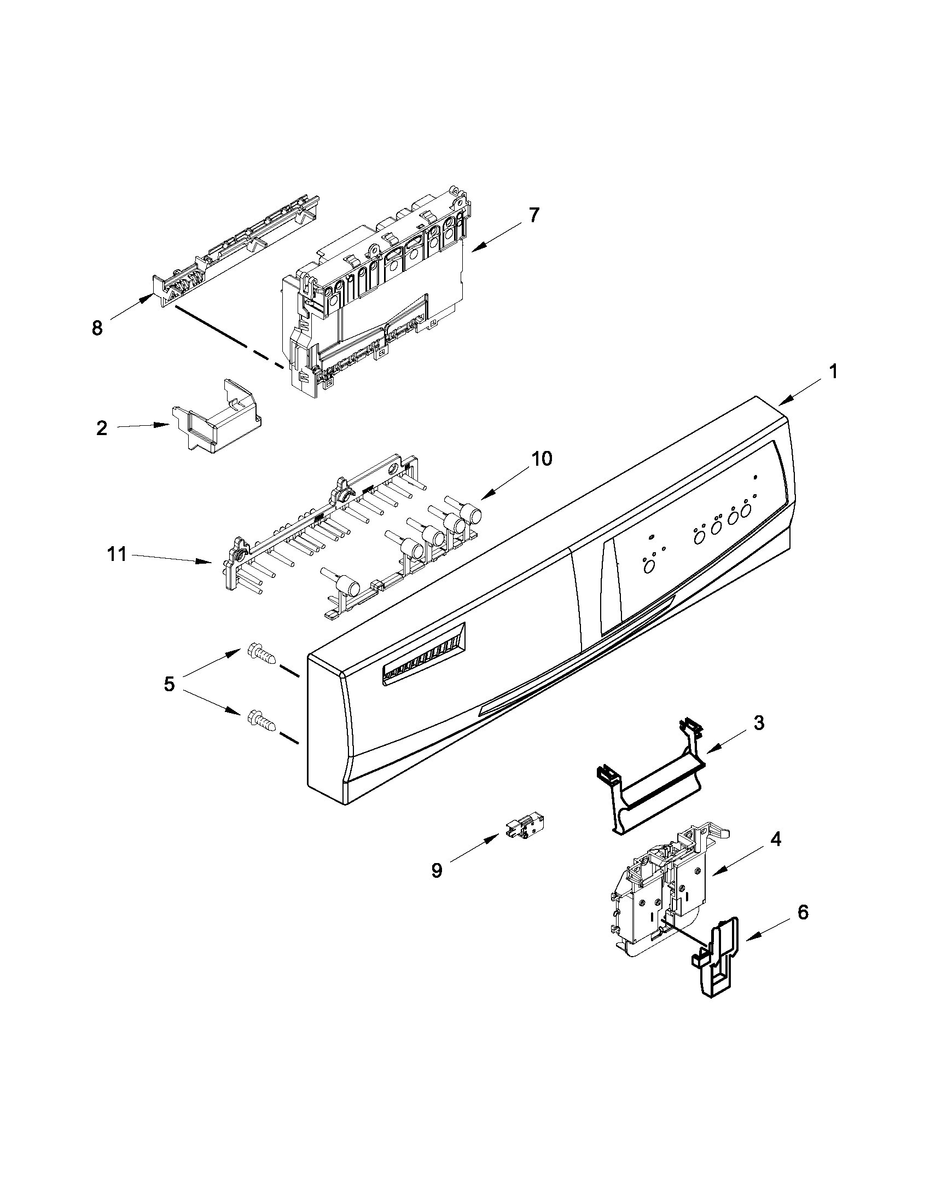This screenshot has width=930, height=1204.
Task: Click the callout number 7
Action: coord(533,215)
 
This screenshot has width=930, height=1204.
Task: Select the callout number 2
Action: coord(102,428)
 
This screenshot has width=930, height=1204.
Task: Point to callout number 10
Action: coord(542,459)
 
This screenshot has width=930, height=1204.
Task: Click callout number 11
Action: coord(117,554)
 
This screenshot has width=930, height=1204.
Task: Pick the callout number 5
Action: coord(169,685)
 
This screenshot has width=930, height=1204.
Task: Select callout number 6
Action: coord(803,913)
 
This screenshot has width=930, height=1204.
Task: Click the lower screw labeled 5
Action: coord(260,719)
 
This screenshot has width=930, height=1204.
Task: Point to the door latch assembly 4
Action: coord(661,893)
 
